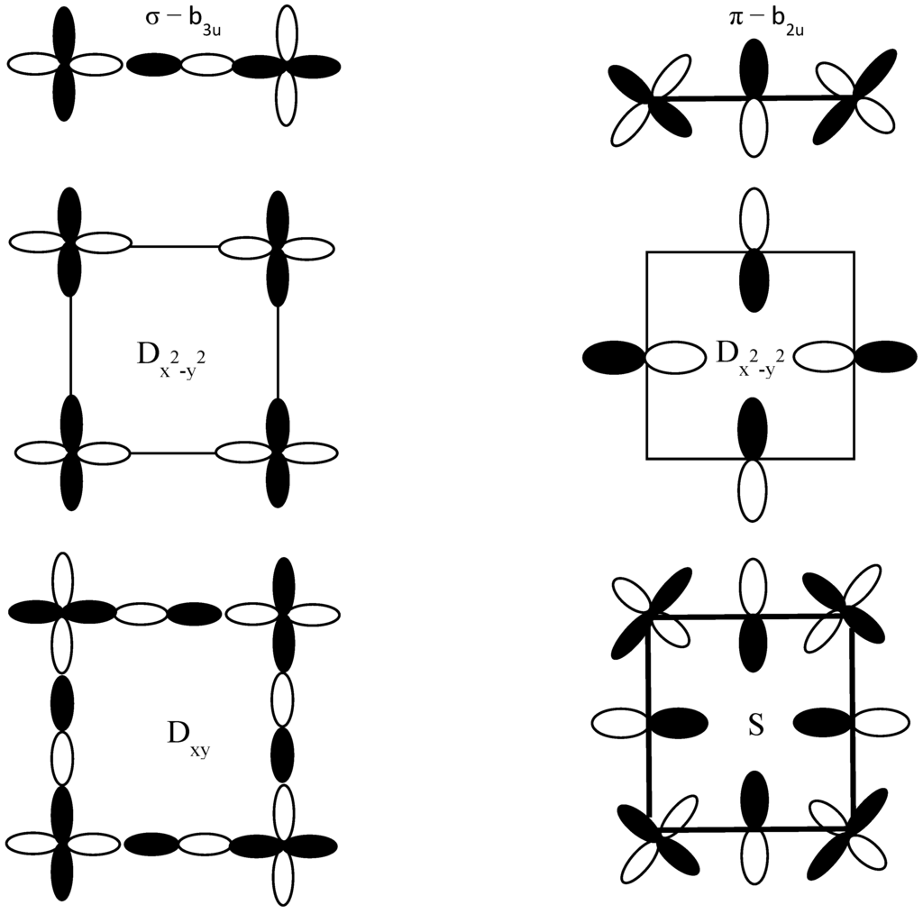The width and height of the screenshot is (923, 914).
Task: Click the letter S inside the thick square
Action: pos(755,725)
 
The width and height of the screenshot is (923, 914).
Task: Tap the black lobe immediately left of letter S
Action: pos(678,722)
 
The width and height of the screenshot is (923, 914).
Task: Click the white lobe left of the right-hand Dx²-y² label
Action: pos(676,357)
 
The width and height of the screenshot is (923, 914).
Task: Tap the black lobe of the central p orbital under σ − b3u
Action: pos(154,66)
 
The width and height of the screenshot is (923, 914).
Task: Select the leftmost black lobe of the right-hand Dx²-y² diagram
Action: pos(614,357)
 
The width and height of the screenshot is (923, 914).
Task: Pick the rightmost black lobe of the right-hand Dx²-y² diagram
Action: pos(886,357)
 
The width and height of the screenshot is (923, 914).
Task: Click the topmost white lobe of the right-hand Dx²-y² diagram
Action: pos(753,218)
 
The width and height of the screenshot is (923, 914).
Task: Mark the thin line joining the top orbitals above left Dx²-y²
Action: pos(175,245)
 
